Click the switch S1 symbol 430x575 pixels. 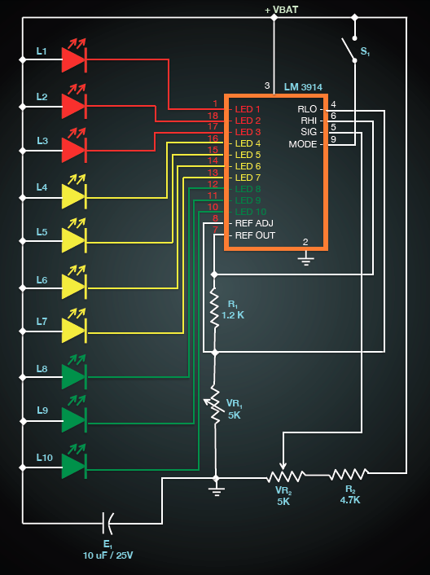coord(349,49)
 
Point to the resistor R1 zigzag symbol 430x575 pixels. coord(214,306)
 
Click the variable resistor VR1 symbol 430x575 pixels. coord(214,405)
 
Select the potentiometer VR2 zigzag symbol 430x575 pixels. coord(286,476)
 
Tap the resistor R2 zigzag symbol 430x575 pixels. coord(349,474)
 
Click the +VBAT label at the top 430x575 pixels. coord(282,10)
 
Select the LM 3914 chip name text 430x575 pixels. coord(303,87)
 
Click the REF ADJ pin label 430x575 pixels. coord(254,223)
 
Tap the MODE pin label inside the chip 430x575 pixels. coord(303,144)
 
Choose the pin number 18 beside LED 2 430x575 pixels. coord(213,116)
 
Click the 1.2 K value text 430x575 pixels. coord(233,315)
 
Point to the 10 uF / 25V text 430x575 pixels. coord(107,555)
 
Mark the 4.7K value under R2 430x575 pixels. coord(350,499)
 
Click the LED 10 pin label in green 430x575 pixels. coord(251,212)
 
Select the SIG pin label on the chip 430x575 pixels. coord(309,132)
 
